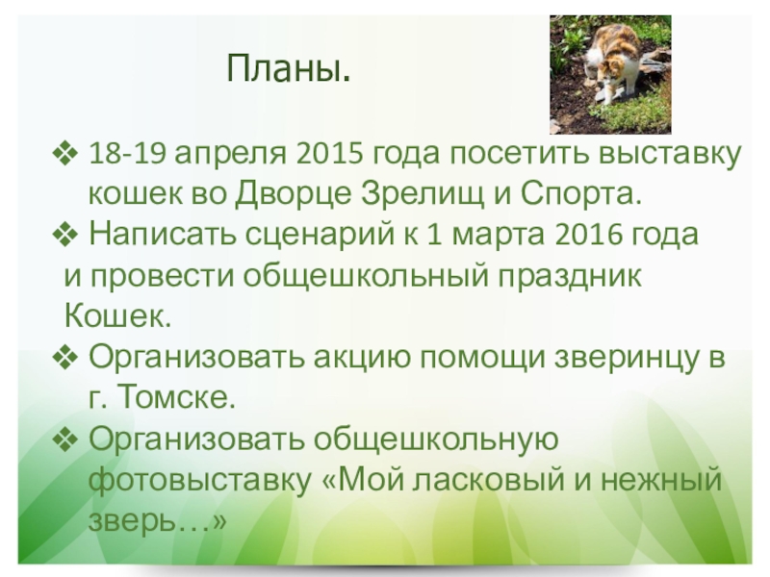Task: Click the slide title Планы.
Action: (x=289, y=68)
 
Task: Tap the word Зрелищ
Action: (x=423, y=195)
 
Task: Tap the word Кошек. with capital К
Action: (x=117, y=315)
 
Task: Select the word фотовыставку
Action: (x=200, y=479)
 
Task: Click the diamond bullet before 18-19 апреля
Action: (x=64, y=154)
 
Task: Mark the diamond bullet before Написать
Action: (x=64, y=235)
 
